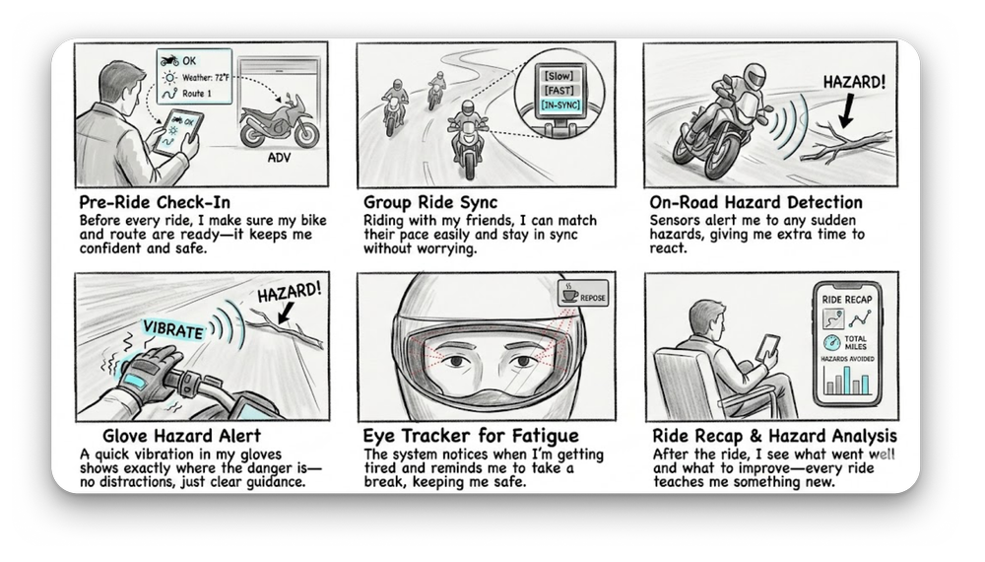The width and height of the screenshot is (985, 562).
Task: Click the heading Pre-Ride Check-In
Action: [155, 202]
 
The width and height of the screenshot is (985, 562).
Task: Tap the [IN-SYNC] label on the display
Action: [560, 105]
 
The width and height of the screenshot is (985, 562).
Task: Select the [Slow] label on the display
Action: [558, 76]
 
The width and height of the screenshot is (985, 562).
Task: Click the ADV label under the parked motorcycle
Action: [279, 157]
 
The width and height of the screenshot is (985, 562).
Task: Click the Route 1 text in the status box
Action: [197, 94]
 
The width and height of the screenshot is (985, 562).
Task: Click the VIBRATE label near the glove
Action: [172, 329]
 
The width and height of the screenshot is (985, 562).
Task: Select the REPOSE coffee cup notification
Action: [583, 294]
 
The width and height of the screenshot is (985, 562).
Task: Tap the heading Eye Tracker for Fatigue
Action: [471, 436]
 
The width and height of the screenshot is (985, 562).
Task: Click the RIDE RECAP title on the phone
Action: [847, 300]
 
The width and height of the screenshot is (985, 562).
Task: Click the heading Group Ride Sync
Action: [430, 202]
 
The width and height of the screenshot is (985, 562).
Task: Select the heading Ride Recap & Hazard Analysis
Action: [774, 436]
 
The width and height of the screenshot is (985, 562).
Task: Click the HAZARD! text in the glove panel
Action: [290, 293]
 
